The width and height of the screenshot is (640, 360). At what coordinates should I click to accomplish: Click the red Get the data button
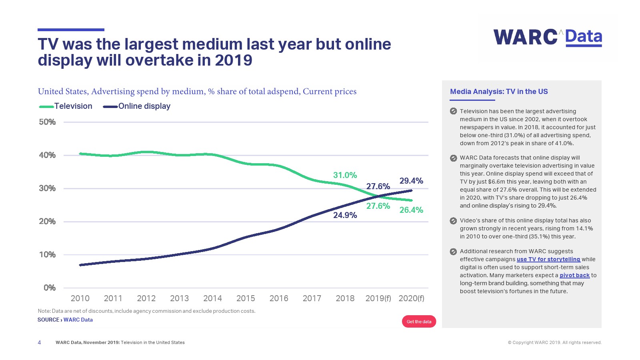coord(419,322)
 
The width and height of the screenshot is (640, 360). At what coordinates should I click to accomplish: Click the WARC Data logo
coord(548,37)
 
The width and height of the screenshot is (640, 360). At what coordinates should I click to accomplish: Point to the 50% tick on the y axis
coord(47,122)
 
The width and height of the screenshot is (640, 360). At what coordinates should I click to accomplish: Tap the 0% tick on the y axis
coord(50,288)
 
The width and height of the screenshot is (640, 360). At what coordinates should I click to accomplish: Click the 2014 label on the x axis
coord(212,298)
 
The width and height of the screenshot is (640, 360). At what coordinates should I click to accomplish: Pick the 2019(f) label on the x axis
coord(378,298)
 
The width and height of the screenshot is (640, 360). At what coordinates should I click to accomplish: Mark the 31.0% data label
coord(345,175)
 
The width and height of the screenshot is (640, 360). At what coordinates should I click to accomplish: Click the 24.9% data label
coord(345,215)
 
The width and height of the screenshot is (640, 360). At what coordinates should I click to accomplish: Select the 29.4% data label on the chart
coord(411,181)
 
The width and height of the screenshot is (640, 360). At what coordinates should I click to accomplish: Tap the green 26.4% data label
coord(411,210)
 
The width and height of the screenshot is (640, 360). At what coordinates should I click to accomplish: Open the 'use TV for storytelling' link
coord(548,259)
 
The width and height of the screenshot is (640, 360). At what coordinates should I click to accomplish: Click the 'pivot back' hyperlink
coord(574,275)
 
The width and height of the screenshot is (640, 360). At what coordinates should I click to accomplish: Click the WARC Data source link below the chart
coord(78,320)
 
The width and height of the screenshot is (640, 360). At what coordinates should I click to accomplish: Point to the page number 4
coord(39,342)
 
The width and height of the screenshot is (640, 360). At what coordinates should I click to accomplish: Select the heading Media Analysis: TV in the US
coord(499,92)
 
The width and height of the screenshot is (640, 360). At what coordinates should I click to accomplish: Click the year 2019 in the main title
coord(234,60)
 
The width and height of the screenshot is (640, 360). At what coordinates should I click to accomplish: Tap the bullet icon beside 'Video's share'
coord(453,221)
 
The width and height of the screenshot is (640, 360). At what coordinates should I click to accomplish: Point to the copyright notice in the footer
coord(554,342)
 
